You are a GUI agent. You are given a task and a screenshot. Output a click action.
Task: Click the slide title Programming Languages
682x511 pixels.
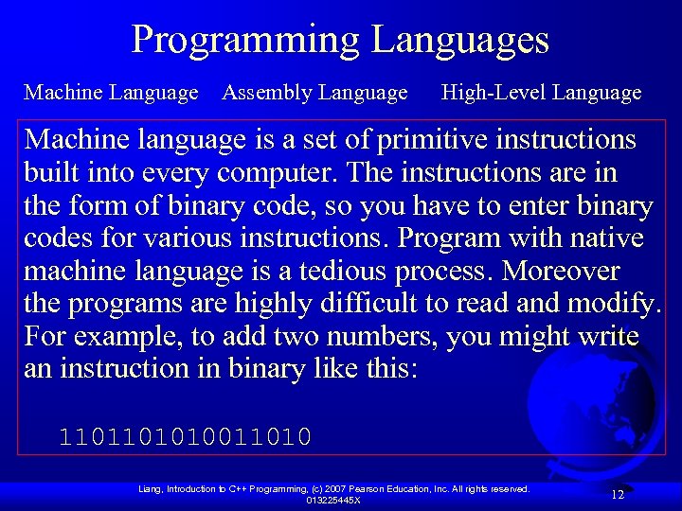pos(340,40)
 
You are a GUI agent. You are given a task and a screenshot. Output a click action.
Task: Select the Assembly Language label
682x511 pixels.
pos(314,93)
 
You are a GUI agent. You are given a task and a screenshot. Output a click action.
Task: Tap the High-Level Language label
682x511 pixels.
pos(541,93)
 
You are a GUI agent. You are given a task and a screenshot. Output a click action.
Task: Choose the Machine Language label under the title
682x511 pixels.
pos(111,93)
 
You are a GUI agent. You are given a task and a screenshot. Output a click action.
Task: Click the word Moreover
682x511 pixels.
pos(561,272)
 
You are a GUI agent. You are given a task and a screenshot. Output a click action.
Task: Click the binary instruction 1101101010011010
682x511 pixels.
pos(185,437)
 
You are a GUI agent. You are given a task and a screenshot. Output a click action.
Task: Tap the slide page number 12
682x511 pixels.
pos(617,494)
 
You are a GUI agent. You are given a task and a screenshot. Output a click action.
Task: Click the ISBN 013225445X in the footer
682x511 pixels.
pos(332,500)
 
